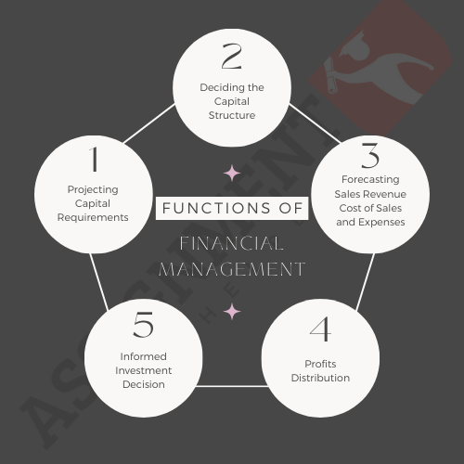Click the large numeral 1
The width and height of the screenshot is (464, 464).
point(94,159)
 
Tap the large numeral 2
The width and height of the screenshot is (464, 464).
point(232,56)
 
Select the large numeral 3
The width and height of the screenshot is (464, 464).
point(370,156)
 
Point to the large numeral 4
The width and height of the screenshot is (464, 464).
point(320,329)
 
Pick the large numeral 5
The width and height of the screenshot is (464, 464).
point(143,325)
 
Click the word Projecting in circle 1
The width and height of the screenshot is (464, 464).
point(93,189)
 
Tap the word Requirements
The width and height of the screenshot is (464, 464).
point(93,217)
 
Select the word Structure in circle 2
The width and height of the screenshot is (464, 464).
point(232,115)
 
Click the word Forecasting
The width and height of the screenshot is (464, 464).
point(370,180)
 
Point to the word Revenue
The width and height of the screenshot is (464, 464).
point(389,194)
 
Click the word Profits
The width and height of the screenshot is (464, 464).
point(320,364)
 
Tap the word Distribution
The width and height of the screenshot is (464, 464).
point(320,378)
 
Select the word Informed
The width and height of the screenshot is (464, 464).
point(143,356)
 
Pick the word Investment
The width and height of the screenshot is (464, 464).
point(143,370)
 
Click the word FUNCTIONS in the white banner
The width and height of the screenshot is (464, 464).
point(216,208)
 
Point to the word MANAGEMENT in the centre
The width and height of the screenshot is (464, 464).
point(232,269)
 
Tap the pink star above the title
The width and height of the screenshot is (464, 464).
point(232,174)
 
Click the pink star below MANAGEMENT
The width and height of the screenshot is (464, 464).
point(232,312)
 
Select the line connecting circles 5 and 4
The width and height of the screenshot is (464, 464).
point(232,386)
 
